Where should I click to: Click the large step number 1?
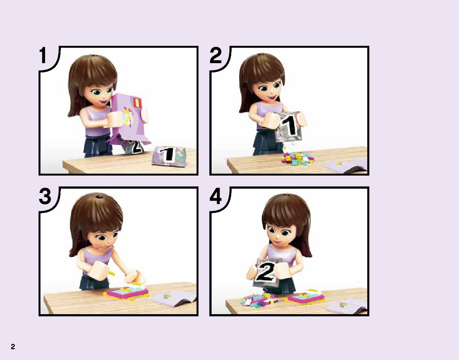(43, 55)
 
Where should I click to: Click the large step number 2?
(216, 55)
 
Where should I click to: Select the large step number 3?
(45, 196)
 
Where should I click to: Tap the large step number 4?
(216, 196)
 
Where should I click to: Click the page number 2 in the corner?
(13, 347)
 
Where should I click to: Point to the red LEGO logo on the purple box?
(137, 103)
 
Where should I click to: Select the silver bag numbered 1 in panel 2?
(288, 126)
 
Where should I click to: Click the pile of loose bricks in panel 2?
(298, 159)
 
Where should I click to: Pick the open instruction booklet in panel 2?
(346, 165)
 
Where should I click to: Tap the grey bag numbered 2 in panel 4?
(266, 272)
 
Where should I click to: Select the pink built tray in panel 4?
(306, 297)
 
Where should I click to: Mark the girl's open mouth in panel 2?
(272, 97)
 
